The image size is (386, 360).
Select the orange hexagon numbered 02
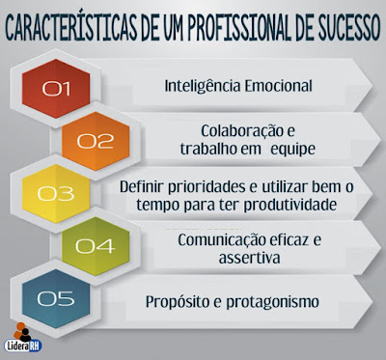pos(96,142)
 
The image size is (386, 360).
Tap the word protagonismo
pos(275,302)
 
